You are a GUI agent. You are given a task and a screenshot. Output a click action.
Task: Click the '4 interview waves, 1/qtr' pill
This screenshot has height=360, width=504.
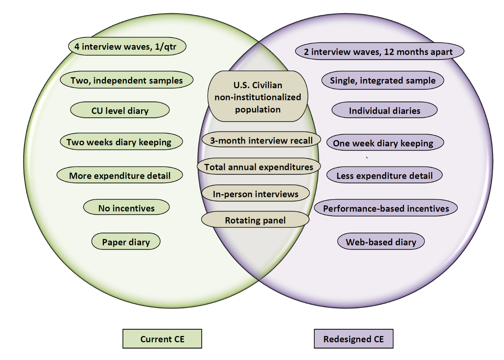(x=127, y=47)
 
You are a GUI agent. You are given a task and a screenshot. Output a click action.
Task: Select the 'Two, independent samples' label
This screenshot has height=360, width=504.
(x=127, y=80)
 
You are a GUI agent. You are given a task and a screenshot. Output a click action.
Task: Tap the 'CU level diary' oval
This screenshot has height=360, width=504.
(x=120, y=110)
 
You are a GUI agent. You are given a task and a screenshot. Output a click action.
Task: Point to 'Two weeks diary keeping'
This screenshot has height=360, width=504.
(x=121, y=142)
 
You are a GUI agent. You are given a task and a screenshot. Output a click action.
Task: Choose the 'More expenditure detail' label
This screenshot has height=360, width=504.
(x=120, y=176)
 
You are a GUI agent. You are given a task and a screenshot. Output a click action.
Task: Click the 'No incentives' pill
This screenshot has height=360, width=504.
(x=126, y=208)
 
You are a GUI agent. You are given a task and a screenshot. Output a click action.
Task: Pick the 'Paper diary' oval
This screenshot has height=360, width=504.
(x=126, y=242)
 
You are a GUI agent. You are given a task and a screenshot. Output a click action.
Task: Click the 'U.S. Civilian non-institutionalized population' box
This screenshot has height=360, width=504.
(x=258, y=97)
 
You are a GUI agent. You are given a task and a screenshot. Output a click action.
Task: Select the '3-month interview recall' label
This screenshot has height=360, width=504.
(x=261, y=140)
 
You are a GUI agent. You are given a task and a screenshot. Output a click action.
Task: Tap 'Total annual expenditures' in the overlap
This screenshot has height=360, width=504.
(x=259, y=167)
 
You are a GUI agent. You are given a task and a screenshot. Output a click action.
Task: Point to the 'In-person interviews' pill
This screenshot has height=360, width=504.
(x=256, y=194)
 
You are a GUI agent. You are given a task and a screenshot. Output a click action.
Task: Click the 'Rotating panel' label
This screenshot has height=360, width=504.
(x=255, y=220)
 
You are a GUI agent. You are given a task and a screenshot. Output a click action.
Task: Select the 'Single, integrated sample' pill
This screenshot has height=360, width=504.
(x=383, y=80)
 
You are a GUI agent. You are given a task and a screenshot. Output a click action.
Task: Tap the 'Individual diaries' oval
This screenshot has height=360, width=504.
(x=384, y=111)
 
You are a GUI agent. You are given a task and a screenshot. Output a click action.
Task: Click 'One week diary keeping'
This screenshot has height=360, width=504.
(x=385, y=143)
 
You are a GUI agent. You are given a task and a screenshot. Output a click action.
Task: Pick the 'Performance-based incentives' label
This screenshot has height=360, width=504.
(x=386, y=208)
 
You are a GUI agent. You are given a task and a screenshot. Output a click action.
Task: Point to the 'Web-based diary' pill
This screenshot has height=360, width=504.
(x=381, y=242)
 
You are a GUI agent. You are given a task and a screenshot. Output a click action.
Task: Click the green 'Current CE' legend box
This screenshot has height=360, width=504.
(x=162, y=339)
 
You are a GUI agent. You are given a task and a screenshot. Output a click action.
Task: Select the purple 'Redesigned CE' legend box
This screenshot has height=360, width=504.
(x=353, y=339)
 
